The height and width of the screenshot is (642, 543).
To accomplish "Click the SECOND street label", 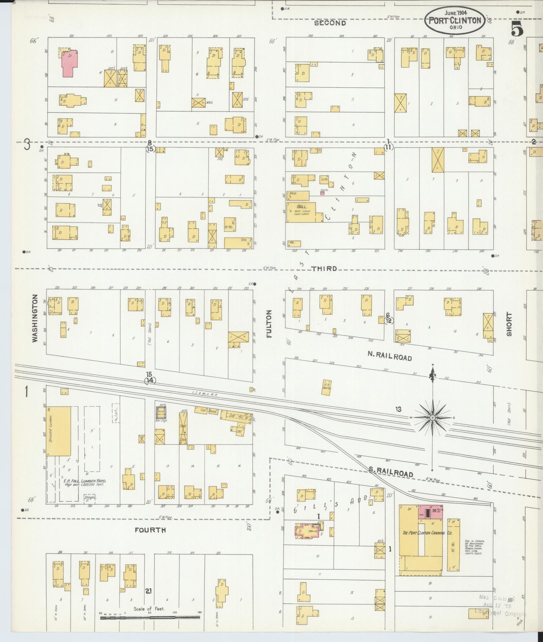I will (330, 23).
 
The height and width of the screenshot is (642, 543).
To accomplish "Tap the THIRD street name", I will (325, 269).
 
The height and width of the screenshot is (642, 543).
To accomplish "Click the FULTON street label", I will (269, 324).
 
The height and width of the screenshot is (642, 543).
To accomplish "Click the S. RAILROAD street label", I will (391, 473).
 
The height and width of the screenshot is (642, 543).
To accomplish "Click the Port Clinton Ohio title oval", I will (455, 21).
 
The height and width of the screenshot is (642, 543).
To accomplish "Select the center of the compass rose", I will (433, 417).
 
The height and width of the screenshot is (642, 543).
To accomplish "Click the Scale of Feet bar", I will (150, 617).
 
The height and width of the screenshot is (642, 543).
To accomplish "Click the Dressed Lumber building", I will (58, 431).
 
